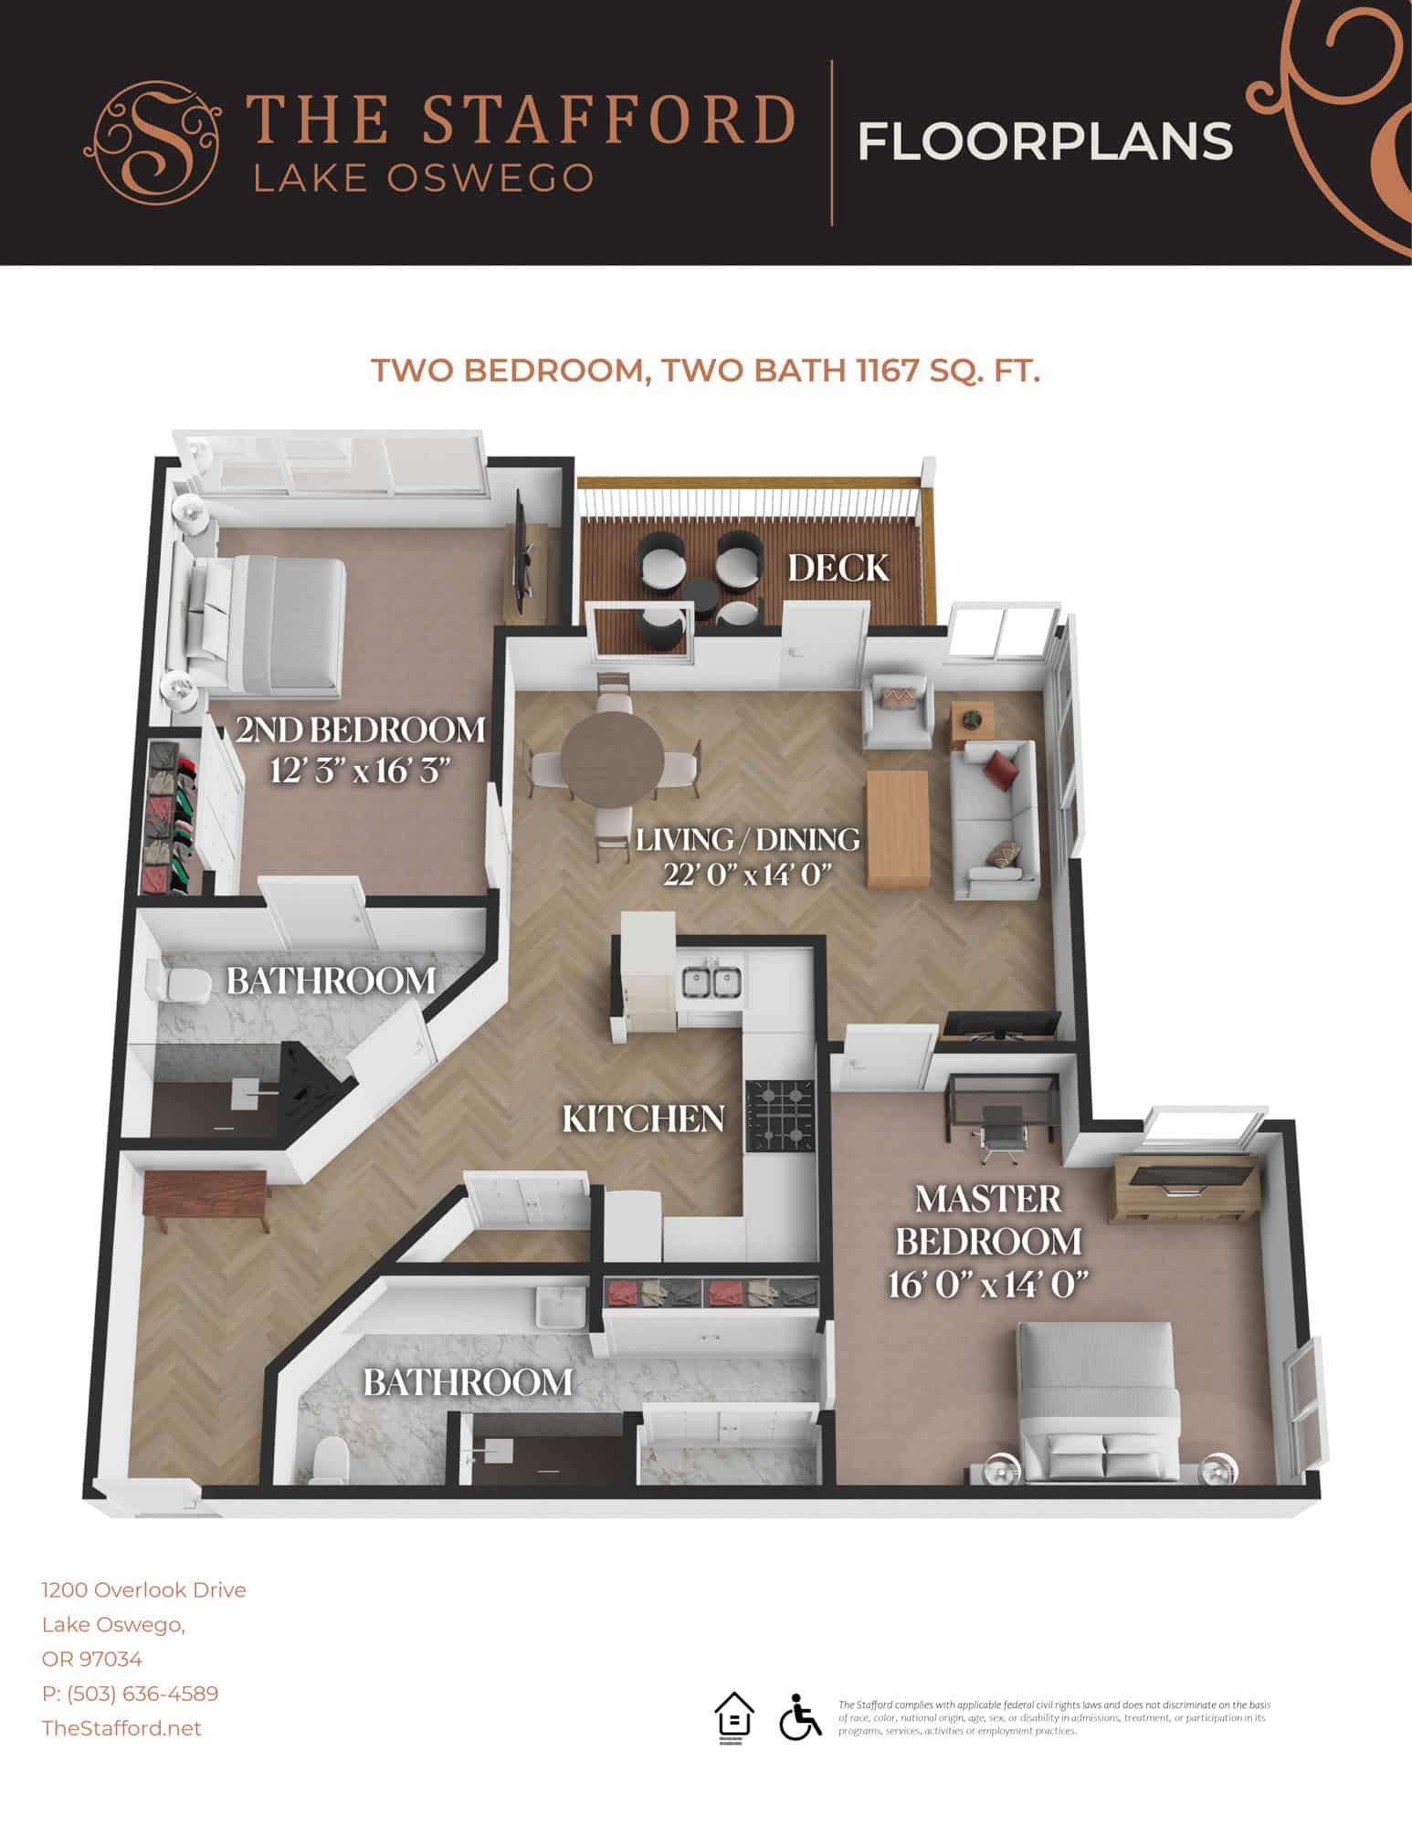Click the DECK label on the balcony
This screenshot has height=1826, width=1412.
pyautogui.click(x=838, y=568)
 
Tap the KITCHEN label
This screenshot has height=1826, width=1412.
pyautogui.click(x=643, y=1118)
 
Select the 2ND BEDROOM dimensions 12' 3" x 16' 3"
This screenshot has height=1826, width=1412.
pyautogui.click(x=362, y=771)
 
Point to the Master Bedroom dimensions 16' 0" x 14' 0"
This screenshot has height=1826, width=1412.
pyautogui.click(x=989, y=1286)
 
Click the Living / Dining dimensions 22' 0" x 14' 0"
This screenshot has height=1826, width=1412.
pyautogui.click(x=748, y=874)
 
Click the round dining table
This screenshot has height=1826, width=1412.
pyautogui.click(x=612, y=756)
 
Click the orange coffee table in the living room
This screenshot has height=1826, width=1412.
pyautogui.click(x=898, y=828)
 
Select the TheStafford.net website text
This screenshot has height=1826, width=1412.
pyautogui.click(x=121, y=1728)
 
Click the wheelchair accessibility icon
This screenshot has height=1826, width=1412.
pyautogui.click(x=800, y=1717)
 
